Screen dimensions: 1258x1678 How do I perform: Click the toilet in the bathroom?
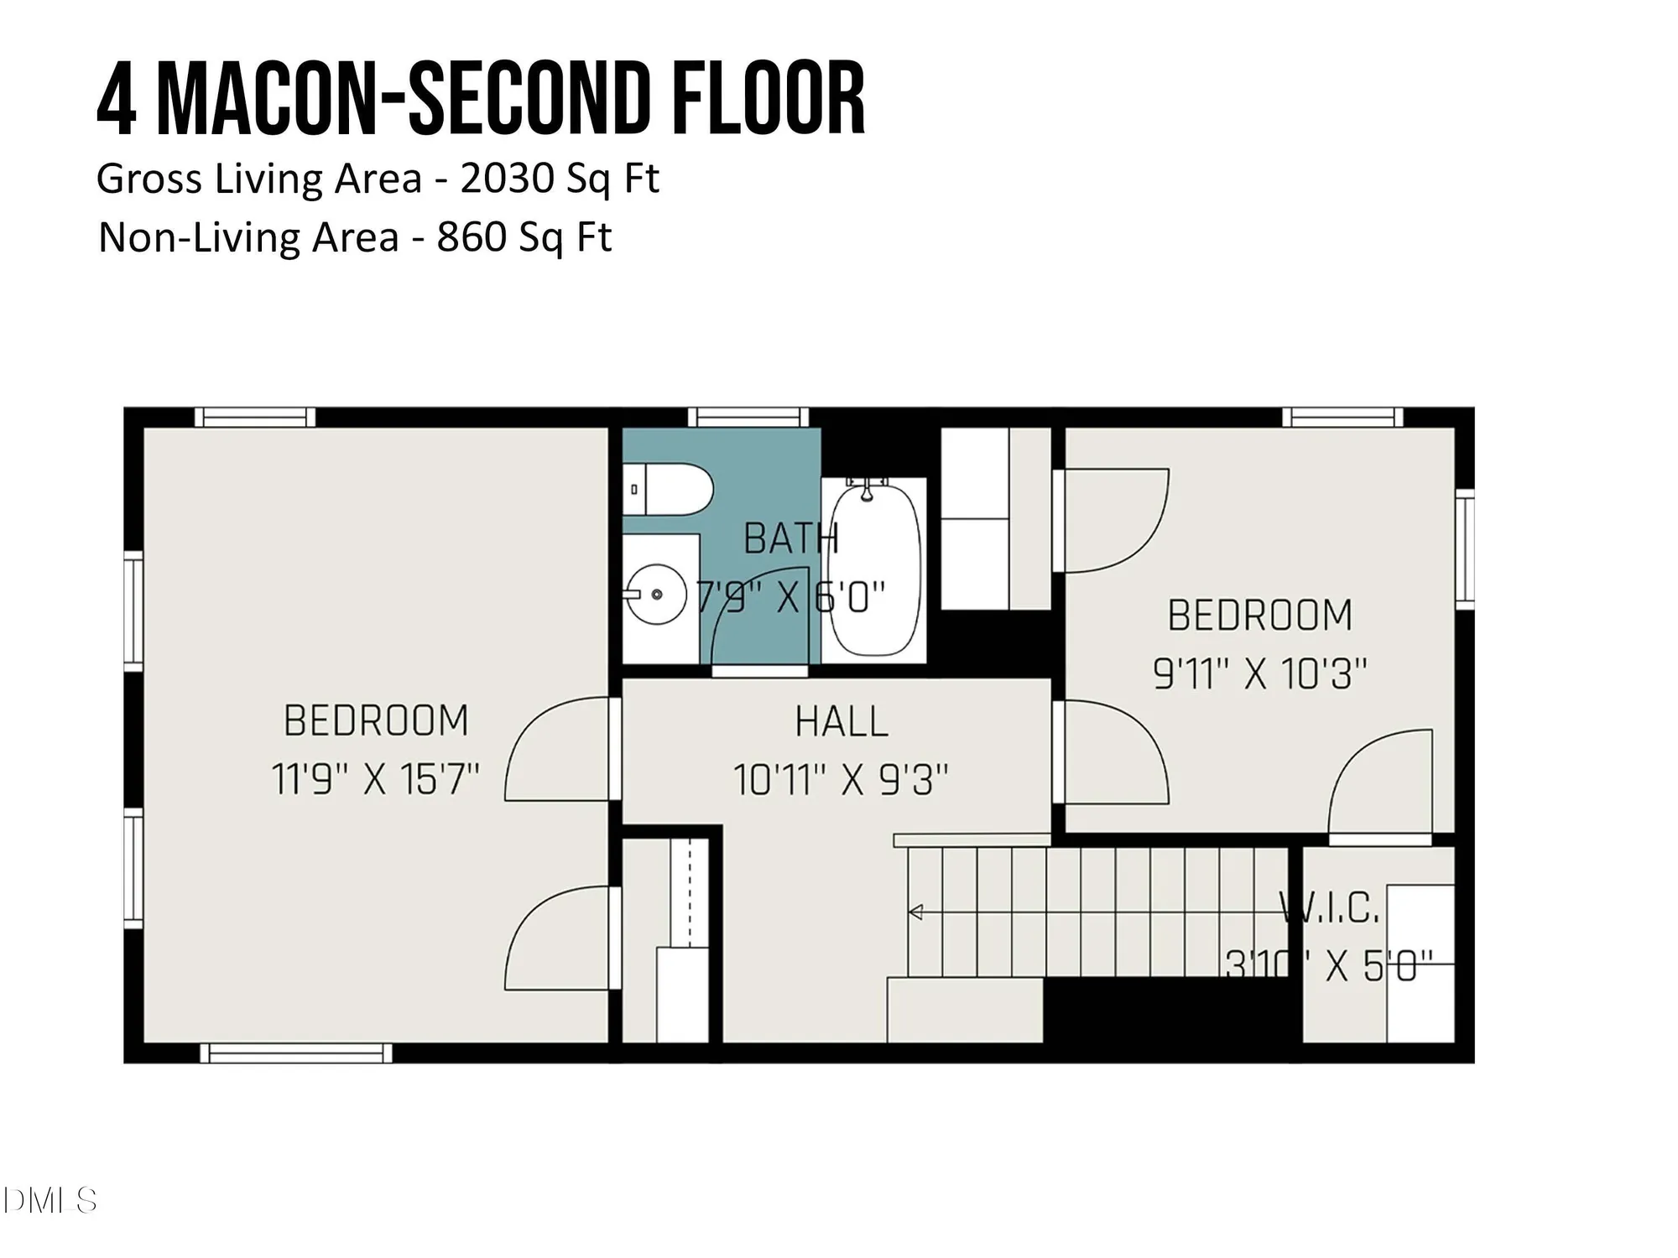(x=668, y=489)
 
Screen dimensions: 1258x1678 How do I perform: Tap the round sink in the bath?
(x=657, y=594)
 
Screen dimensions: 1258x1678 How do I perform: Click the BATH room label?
(x=790, y=538)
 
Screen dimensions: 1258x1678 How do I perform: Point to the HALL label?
(x=842, y=722)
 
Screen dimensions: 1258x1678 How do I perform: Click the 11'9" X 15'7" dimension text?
(x=375, y=779)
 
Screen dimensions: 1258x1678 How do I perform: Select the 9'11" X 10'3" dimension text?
(x=1259, y=673)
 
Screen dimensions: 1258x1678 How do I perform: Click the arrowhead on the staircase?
(x=915, y=912)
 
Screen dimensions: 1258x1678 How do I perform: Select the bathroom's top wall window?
(x=748, y=417)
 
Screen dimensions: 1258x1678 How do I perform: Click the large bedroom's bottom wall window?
(x=295, y=1053)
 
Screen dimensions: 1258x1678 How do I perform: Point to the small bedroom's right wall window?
(x=1464, y=548)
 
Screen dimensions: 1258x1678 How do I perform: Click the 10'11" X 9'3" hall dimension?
(x=841, y=780)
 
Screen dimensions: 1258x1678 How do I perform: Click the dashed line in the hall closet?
(x=689, y=892)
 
